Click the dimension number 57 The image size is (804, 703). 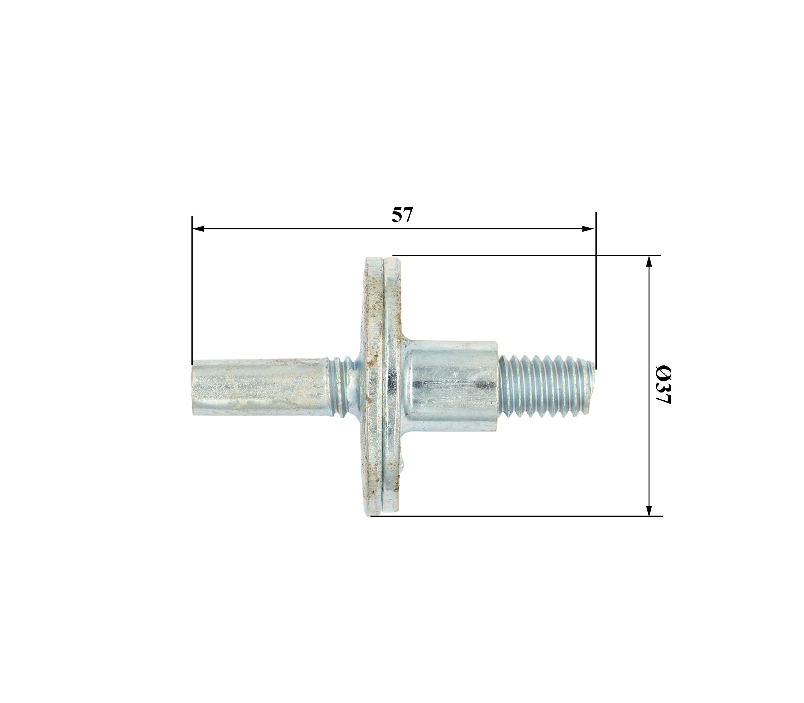coord(402,215)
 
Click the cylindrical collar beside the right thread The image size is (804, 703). coord(452,386)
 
